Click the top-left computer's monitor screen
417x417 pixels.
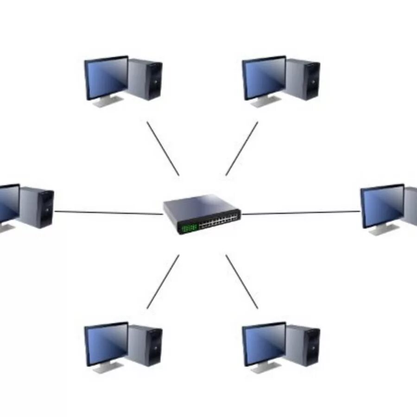click(107, 77)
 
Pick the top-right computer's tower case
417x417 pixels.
click(303, 79)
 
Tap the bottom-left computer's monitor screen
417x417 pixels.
click(107, 343)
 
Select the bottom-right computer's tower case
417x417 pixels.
click(303, 346)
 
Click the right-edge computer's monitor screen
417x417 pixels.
click(383, 206)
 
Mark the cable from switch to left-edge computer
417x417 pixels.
click(109, 213)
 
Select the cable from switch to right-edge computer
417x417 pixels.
click(301, 213)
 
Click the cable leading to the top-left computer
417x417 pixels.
click(163, 148)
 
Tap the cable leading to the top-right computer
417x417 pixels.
click(242, 148)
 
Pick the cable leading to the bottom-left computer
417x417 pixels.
click(163, 281)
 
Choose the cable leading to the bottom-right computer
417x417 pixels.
click(242, 281)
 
